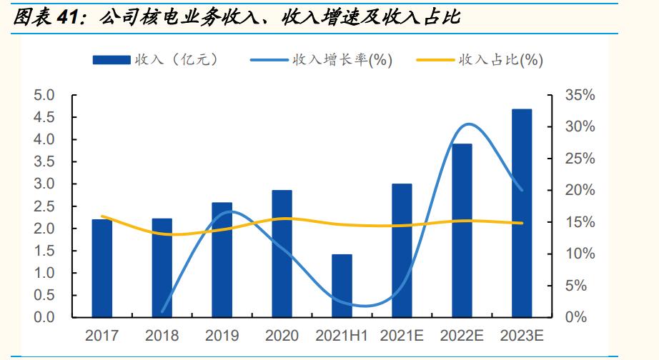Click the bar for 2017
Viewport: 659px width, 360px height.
point(101,268)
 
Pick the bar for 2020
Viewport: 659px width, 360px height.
point(282,254)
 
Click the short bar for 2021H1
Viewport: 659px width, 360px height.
point(342,286)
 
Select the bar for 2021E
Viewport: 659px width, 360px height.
point(402,250)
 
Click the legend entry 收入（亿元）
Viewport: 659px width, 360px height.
point(156,60)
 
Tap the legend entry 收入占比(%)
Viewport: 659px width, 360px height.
point(477,60)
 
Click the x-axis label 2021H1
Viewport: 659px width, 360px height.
point(342,335)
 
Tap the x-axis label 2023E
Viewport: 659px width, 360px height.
point(522,335)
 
